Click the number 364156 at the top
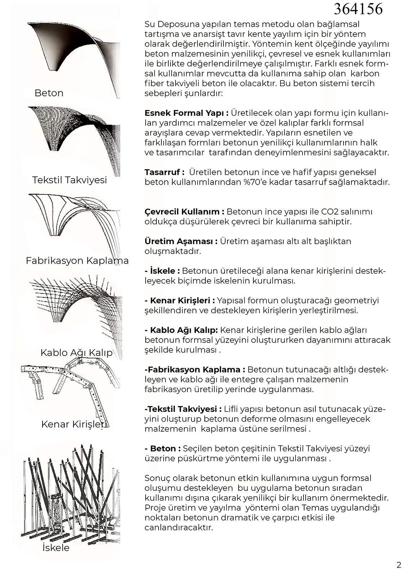coord(358,9)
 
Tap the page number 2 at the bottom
coord(399,565)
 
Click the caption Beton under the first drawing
coord(49,93)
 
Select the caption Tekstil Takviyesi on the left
coord(70,180)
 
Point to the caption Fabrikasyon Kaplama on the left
coord(77,260)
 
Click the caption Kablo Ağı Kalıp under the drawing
coord(76,352)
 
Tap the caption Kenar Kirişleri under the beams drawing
coord(75,424)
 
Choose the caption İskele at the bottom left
coord(56,548)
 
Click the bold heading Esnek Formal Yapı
coord(186,113)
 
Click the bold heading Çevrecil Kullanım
coord(184,211)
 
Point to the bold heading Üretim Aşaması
coord(181,241)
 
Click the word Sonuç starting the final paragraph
coord(158,478)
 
